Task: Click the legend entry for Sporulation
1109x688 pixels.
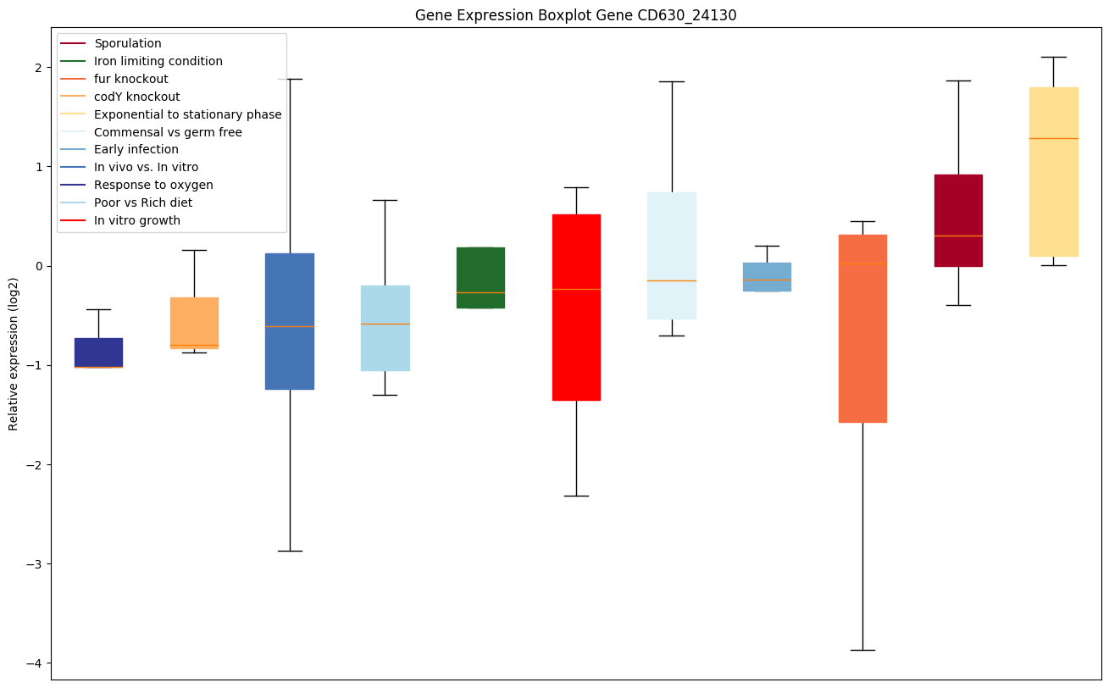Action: click(127, 43)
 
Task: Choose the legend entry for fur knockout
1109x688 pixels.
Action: click(130, 79)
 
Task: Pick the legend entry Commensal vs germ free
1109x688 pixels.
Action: click(168, 132)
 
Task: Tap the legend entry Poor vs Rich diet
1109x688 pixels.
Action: click(142, 203)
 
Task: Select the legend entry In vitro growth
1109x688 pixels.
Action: click(136, 220)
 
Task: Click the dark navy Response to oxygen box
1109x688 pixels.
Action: click(98, 352)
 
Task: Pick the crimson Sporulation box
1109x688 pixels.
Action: click(958, 220)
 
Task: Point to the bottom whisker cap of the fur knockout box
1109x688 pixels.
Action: click(862, 650)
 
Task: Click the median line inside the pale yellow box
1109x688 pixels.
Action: click(1053, 138)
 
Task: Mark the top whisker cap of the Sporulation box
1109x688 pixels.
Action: click(958, 80)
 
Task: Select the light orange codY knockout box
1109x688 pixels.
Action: click(194, 323)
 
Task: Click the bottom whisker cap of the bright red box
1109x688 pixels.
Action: click(576, 496)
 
